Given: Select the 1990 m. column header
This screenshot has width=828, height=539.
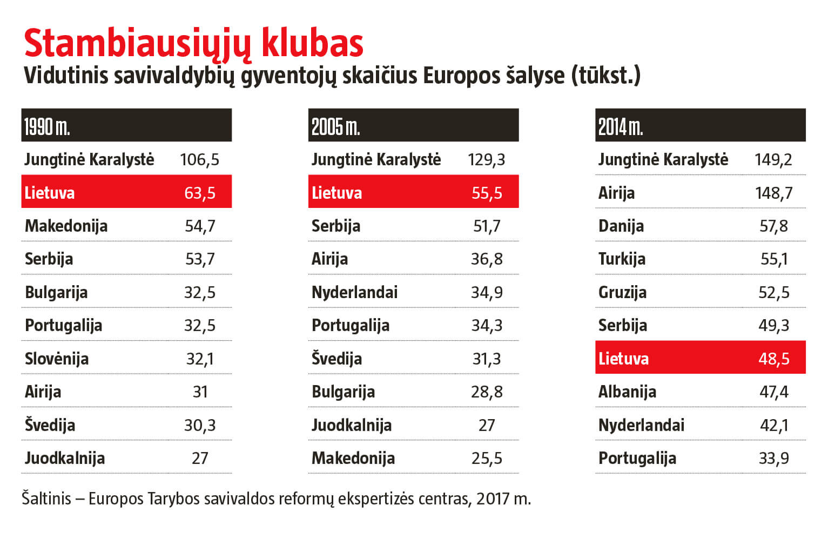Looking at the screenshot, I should click(47, 126).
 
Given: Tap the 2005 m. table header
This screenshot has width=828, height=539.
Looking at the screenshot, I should click(335, 126).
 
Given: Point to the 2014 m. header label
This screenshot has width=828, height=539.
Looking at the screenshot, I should click(621, 126).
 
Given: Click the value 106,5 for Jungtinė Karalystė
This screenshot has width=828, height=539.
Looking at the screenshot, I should click(200, 159).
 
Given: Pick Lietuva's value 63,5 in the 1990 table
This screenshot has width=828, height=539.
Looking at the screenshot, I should click(200, 193).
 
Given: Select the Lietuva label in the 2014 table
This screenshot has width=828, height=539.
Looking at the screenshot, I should click(623, 359).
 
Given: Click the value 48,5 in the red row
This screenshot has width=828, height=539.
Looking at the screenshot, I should click(773, 359).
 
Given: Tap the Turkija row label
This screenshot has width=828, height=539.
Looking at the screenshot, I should click(622, 259).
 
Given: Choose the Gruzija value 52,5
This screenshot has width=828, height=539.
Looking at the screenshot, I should click(773, 292).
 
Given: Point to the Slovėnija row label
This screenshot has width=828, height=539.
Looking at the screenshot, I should click(57, 359).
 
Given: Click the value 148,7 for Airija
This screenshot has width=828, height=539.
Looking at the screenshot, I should click(773, 193).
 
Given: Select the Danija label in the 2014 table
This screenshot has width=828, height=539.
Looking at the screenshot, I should click(621, 226).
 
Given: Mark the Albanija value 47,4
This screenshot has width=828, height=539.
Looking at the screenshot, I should click(773, 392).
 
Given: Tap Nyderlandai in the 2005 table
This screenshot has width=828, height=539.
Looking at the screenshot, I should click(354, 292).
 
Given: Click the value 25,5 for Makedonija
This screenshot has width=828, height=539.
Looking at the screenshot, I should click(487, 458).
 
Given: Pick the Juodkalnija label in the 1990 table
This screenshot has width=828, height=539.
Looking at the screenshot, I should click(65, 458).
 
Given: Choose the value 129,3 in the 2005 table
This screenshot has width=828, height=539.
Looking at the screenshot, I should click(487, 159).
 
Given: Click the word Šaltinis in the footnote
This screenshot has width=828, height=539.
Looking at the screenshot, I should click(46, 498).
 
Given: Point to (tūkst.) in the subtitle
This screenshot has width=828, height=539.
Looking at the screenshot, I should click(606, 76).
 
